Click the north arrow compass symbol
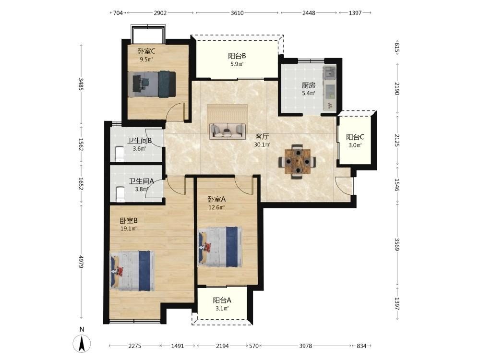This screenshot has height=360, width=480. coord(82,343)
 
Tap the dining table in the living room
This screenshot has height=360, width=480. coord(297,161)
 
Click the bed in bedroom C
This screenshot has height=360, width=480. coord(152,84)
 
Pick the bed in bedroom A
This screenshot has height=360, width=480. coord(220,247)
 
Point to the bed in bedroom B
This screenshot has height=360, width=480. coord(132,271)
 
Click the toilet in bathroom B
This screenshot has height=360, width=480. coord(119,154)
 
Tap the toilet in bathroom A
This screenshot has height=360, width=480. coord(120,194)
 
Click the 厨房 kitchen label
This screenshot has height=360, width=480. coord(309,85)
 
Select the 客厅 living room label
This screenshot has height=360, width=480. coord(262,136)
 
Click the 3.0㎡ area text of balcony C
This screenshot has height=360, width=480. coord(355,145)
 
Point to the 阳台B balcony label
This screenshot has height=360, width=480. coord(237,56)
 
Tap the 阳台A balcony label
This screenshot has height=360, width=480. coord(222,300)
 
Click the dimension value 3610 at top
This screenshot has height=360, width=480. coord(237,13)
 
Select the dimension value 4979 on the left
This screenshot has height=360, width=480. coord(81,262)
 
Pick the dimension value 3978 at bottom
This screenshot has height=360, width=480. coord(305,346)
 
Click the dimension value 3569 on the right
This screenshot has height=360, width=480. coord(397,245)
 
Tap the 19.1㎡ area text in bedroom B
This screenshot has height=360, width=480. coord(129,228)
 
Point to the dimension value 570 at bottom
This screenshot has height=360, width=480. coord(254,346)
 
